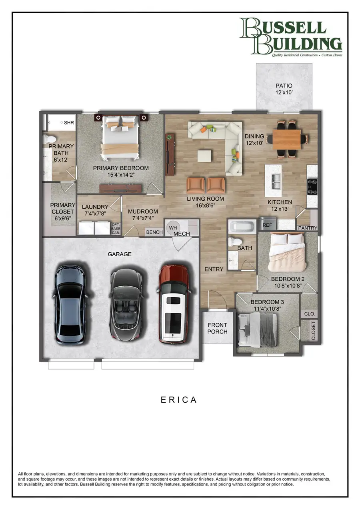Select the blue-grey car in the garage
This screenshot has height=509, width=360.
click(70, 305)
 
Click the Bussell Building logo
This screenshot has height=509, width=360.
click(291, 37)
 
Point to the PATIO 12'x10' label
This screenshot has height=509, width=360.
click(284, 89)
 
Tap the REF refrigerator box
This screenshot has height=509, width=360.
click(267, 225)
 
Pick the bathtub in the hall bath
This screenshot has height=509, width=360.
click(241, 226)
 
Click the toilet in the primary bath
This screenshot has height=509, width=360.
click(50, 139)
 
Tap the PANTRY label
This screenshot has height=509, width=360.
click(307, 228)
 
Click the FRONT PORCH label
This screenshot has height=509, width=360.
click(217, 328)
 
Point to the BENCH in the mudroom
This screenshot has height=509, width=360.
click(154, 232)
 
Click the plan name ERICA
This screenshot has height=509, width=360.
click(179, 400)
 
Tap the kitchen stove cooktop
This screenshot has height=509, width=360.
click(312, 186)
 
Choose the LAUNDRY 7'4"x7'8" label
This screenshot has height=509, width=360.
click(95, 210)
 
